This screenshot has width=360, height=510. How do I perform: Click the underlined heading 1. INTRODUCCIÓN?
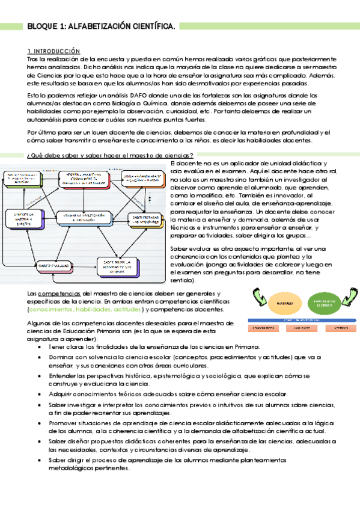click(54, 51)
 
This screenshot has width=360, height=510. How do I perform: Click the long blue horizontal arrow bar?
click(296, 321)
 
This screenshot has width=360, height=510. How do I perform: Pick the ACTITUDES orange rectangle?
click(341, 329)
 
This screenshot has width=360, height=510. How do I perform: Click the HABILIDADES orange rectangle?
click(301, 329)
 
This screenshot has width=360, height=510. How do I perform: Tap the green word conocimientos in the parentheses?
click(52, 309)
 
